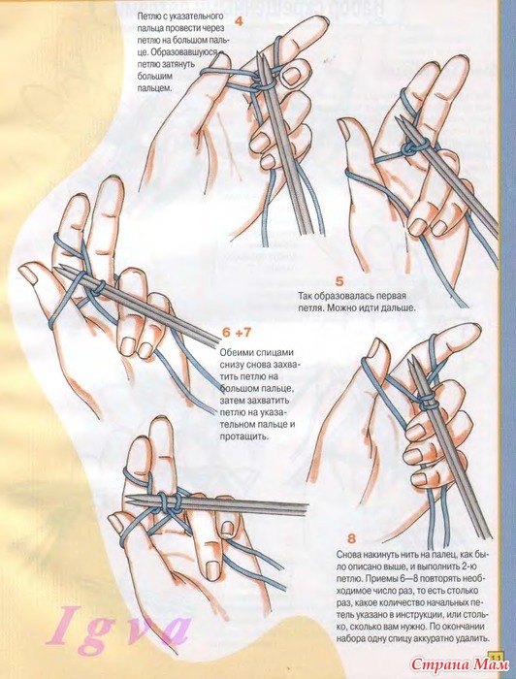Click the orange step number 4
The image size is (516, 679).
[239, 21]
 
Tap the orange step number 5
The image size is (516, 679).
[339, 281]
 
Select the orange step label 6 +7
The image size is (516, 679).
[237, 333]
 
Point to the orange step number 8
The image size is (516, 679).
[351, 538]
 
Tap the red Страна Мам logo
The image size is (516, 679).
[460, 663]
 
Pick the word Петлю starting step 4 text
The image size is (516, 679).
[147, 16]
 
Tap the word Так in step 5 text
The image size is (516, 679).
[306, 297]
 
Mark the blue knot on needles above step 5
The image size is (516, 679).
[410, 148]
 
